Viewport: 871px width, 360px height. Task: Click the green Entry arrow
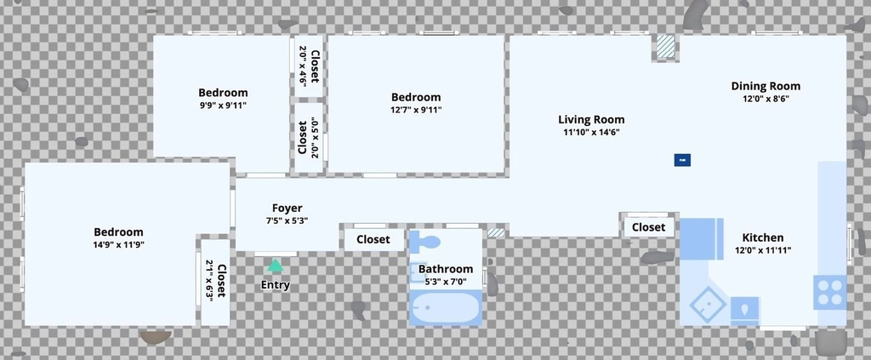pyautogui.click(x=275, y=266)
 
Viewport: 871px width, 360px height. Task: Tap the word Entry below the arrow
pyautogui.click(x=276, y=286)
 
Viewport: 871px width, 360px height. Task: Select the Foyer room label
pyautogui.click(x=287, y=209)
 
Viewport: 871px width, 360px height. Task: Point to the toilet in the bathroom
pyautogui.click(x=425, y=243)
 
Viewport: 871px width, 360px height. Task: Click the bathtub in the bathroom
pyautogui.click(x=446, y=307)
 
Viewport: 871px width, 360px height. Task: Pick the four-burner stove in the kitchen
pyautogui.click(x=830, y=292)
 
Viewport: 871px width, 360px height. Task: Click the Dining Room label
pyautogui.click(x=766, y=86)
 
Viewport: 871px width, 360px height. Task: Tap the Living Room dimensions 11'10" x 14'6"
pyautogui.click(x=592, y=132)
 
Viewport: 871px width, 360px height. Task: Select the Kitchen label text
pyautogui.click(x=763, y=237)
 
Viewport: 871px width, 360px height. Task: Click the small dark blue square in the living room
pyautogui.click(x=682, y=160)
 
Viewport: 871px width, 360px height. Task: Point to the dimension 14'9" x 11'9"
pyautogui.click(x=118, y=244)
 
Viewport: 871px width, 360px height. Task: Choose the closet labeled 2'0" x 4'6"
pyautogui.click(x=309, y=66)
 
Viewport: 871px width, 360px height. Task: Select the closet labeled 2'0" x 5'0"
pyautogui.click(x=309, y=138)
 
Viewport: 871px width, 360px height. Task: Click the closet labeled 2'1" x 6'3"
pyautogui.click(x=215, y=282)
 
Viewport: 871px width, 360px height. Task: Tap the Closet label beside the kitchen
pyautogui.click(x=648, y=227)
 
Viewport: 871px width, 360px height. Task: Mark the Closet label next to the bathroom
pyautogui.click(x=373, y=239)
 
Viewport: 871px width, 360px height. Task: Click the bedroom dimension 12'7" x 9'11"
pyautogui.click(x=416, y=110)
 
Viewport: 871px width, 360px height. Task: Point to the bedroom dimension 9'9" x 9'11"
pyautogui.click(x=224, y=105)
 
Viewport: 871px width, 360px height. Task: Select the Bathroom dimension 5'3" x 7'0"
pyautogui.click(x=446, y=282)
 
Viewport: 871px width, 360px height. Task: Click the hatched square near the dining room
pyautogui.click(x=665, y=47)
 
